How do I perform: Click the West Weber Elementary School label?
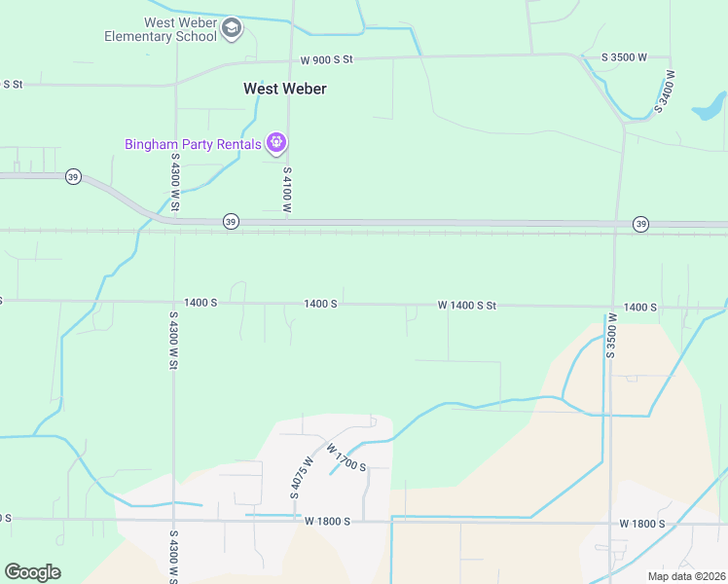(162, 29)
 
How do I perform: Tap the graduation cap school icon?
(232, 28)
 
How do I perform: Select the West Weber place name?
(284, 89)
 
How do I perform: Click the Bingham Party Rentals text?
(193, 144)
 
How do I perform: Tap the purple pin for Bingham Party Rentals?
(276, 143)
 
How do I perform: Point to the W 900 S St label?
(326, 59)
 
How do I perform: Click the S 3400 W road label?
(666, 91)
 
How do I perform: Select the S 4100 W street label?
(287, 190)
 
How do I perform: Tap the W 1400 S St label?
(467, 306)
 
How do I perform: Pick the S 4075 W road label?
(302, 478)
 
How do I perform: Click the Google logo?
(32, 572)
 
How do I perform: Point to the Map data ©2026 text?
(685, 575)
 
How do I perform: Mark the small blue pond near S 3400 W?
(710, 105)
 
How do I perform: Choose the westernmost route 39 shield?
(73, 176)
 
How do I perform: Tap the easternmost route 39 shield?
(640, 224)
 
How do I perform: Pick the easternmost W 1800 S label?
(642, 524)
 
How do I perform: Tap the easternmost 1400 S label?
(640, 307)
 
